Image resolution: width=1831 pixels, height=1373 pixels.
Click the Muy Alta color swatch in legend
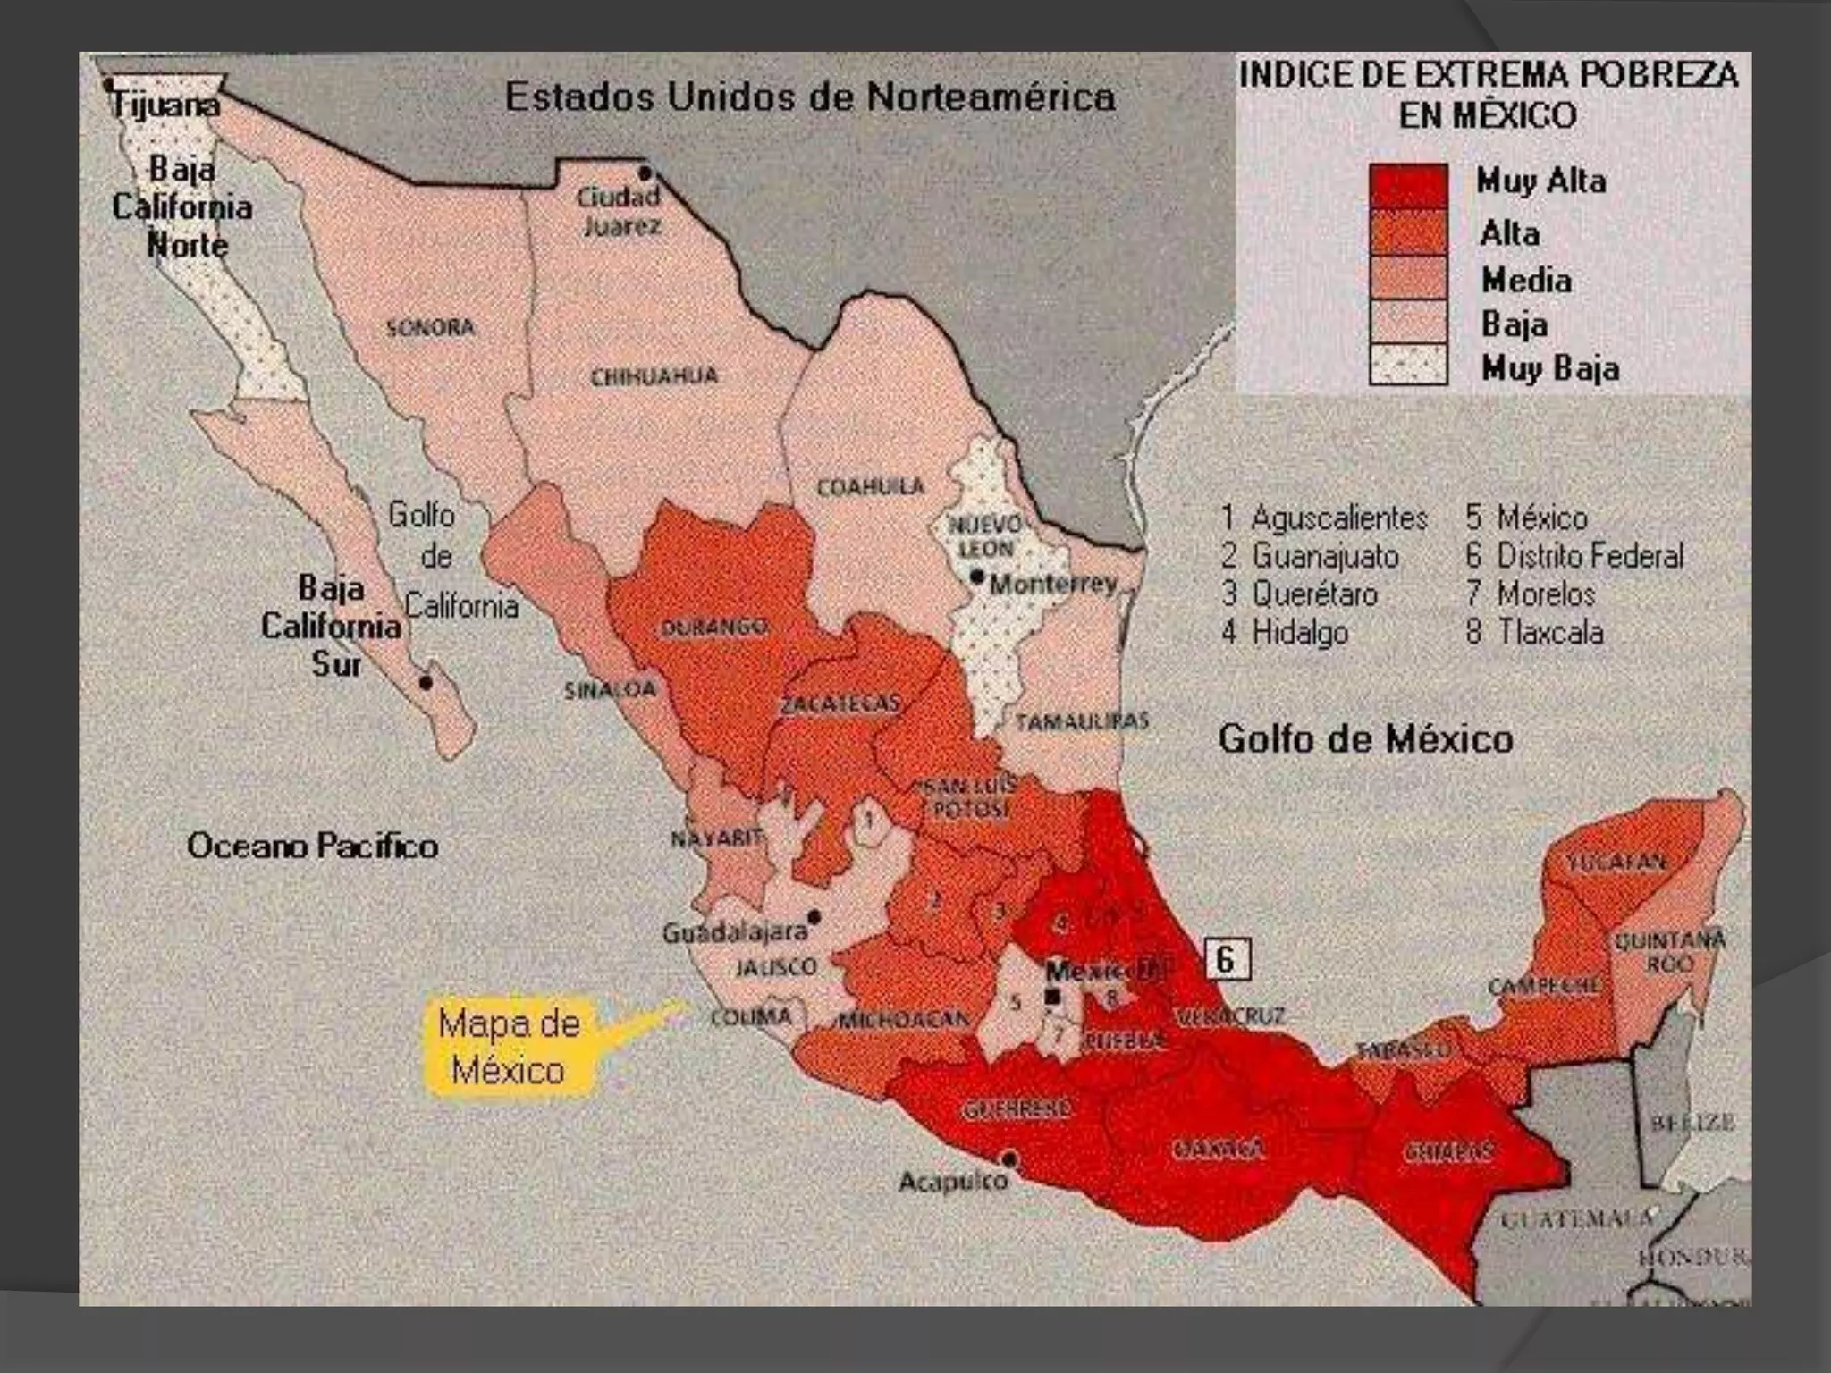pyautogui.click(x=1408, y=186)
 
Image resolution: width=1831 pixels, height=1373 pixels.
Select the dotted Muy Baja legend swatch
pyautogui.click(x=1408, y=365)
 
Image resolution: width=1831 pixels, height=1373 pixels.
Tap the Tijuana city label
pyautogui.click(x=165, y=105)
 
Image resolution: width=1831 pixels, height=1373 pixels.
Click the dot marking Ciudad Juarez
pyautogui.click(x=645, y=173)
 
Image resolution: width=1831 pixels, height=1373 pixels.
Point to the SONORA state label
pyautogui.click(x=430, y=327)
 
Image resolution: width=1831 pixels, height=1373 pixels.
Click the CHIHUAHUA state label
pyautogui.click(x=654, y=375)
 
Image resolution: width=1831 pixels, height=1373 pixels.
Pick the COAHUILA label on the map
pyautogui.click(x=870, y=487)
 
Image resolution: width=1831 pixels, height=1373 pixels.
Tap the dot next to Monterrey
pyautogui.click(x=978, y=577)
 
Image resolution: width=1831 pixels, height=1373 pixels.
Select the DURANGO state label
pyautogui.click(x=713, y=627)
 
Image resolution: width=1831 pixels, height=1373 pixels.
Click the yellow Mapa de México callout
pyautogui.click(x=509, y=1046)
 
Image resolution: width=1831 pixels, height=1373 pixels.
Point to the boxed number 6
pyautogui.click(x=1227, y=960)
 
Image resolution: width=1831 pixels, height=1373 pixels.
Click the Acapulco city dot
pyautogui.click(x=1010, y=1159)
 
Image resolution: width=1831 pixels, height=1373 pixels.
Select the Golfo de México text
pyautogui.click(x=1365, y=739)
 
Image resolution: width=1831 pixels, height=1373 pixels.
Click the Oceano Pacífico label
pyautogui.click(x=312, y=846)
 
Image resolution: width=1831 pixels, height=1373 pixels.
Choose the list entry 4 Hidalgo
pyautogui.click(x=1285, y=632)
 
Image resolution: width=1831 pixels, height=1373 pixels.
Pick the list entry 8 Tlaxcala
pyautogui.click(x=1534, y=632)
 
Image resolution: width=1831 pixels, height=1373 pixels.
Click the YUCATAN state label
pyautogui.click(x=1616, y=862)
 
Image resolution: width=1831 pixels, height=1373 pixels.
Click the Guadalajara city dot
pyautogui.click(x=814, y=917)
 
